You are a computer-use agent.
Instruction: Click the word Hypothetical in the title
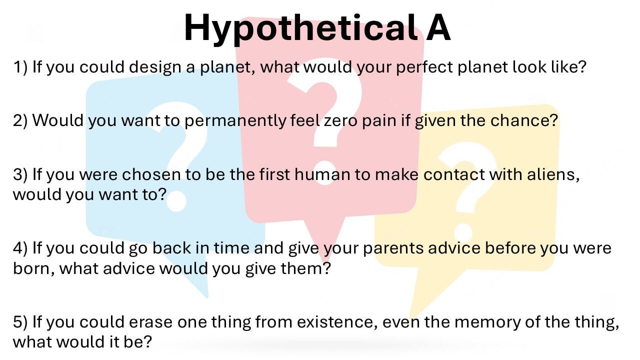pyautogui.click(x=300, y=29)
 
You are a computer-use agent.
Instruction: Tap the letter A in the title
pyautogui.click(x=438, y=27)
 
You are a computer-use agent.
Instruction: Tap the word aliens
pyautogui.click(x=553, y=175)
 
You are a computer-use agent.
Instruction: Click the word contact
pyautogui.click(x=454, y=175)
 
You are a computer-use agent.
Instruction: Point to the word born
pyautogui.click(x=31, y=268)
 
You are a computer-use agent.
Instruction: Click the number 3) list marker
pyautogui.click(x=20, y=174)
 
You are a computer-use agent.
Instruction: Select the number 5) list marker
pyautogui.click(x=20, y=321)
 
